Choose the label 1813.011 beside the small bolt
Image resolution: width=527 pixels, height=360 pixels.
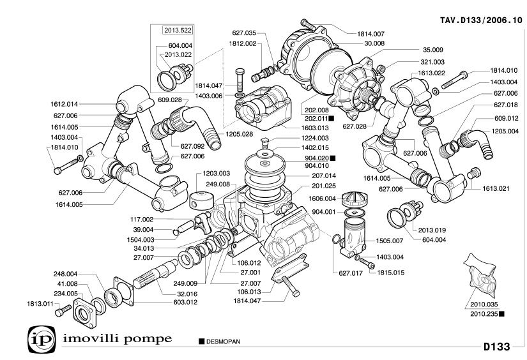39,303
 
